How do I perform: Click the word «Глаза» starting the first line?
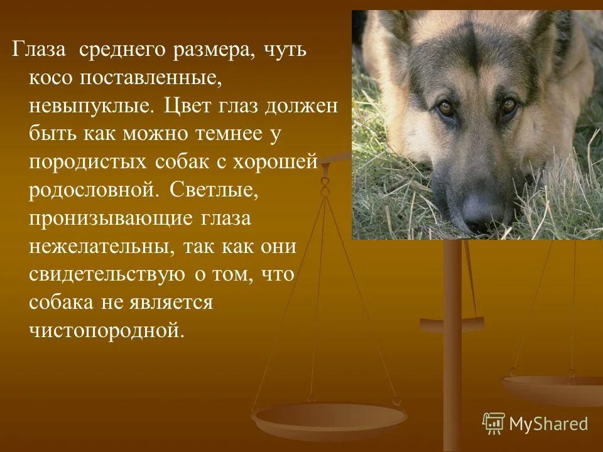click(x=40, y=50)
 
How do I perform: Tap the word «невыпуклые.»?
click(x=91, y=105)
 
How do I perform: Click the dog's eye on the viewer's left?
click(x=446, y=108)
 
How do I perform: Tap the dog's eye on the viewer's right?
click(x=509, y=105)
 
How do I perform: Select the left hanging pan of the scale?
click(x=329, y=416)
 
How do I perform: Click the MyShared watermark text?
click(x=548, y=424)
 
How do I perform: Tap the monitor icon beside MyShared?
click(x=494, y=424)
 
